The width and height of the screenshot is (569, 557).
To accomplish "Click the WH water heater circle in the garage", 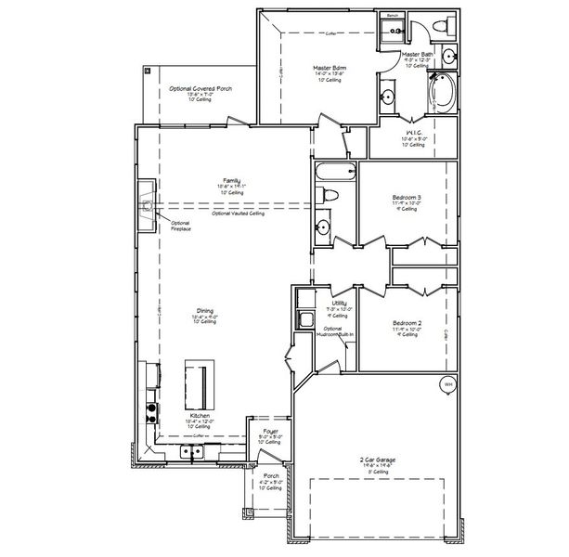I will click(446, 384).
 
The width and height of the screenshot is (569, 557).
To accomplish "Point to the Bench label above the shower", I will click(393, 16).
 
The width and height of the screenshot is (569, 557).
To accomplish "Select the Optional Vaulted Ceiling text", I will click(239, 214).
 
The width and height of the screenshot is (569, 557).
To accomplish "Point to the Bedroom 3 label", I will click(406, 198).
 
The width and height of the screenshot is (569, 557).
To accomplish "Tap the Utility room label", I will click(339, 304).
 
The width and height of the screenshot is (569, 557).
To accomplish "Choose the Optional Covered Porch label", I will click(200, 88).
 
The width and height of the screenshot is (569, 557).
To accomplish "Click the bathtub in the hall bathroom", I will click(335, 172).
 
